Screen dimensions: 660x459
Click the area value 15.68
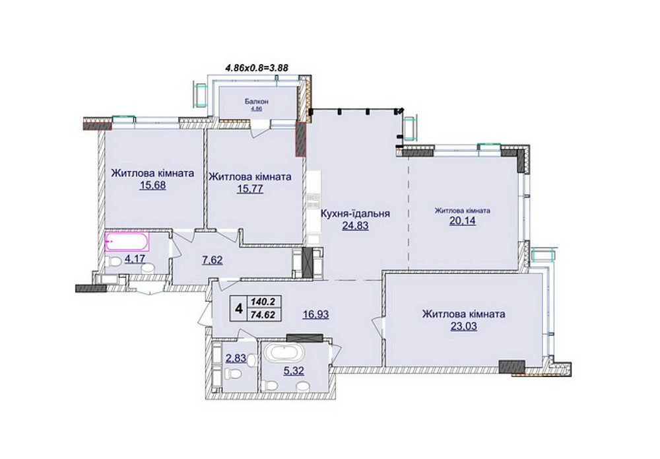[153, 186]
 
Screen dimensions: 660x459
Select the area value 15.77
[250, 189]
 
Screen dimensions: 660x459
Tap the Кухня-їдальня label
[355, 213]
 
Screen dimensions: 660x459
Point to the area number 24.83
[355, 226]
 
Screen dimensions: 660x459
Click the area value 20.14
[463, 221]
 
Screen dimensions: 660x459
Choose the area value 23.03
[464, 326]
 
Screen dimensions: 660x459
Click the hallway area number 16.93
[315, 314]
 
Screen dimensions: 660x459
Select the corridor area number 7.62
[212, 260]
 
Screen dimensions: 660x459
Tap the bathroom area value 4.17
[135, 258]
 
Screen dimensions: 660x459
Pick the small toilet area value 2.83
[236, 359]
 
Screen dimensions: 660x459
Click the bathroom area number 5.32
[294, 371]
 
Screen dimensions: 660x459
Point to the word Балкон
[257, 102]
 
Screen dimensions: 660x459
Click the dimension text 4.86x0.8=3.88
[257, 67]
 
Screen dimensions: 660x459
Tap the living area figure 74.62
[265, 314]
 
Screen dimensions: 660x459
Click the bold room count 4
[239, 309]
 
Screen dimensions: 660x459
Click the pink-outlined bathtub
[127, 242]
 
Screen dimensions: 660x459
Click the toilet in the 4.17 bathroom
[112, 262]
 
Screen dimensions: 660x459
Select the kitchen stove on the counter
[313, 201]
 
